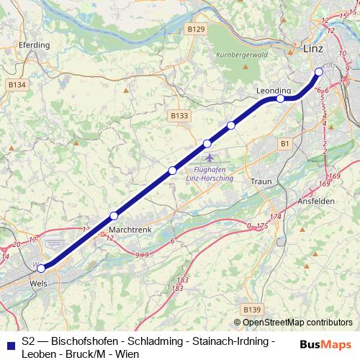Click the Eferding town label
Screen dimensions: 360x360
click(35, 45)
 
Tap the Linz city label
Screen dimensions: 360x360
click(312, 49)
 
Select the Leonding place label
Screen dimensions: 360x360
click(274, 90)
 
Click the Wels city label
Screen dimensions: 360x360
click(40, 284)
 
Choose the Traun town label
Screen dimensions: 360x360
click(261, 181)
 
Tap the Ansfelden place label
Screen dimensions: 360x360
click(315, 202)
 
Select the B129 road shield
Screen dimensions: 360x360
click(195, 29)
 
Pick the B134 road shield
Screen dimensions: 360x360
click(17, 85)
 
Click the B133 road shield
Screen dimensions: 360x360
click(179, 115)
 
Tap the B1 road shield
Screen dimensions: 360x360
click(285, 144)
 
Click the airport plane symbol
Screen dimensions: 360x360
click(209, 157)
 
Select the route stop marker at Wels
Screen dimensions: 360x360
click(41, 269)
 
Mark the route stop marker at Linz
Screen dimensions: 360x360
click(319, 71)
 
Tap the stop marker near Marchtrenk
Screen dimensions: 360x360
click(114, 215)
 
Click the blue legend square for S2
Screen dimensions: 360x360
click(9, 346)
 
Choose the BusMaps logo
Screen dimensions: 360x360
click(325, 344)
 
